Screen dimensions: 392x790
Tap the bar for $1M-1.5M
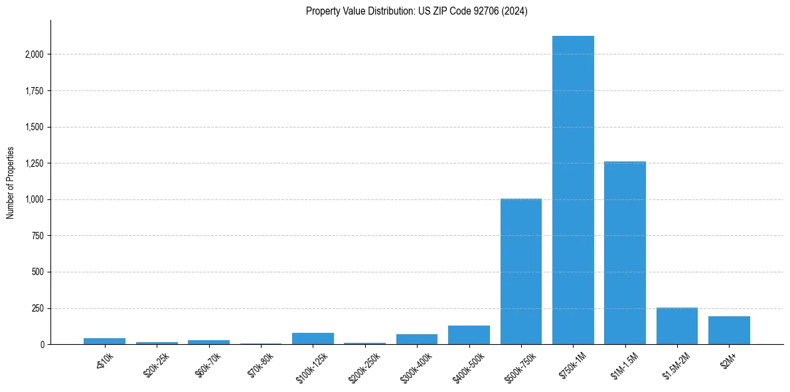tap(625, 252)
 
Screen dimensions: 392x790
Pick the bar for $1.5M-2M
tap(677, 326)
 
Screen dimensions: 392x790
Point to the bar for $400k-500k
tap(469, 335)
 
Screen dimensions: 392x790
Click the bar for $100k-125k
tap(313, 338)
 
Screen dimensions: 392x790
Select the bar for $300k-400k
tap(417, 339)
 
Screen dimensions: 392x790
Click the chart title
tap(417, 11)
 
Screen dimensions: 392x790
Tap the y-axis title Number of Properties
tap(11, 183)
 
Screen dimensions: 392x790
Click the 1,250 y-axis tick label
tap(33, 163)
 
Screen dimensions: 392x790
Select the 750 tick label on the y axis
tap(37, 236)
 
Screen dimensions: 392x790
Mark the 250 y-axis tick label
tap(37, 308)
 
